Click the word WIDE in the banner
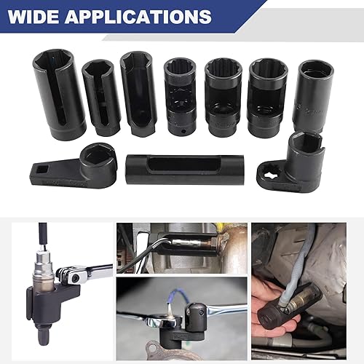(33, 17)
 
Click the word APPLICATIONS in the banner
(138, 17)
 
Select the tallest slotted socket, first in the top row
(59, 94)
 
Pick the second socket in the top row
(101, 98)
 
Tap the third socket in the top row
(138, 93)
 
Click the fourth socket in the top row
(180, 97)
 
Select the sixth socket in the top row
(267, 98)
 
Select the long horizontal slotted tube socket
(184, 170)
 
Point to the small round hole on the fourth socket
(183, 131)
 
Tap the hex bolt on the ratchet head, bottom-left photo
(75, 277)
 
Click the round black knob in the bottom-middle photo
(196, 316)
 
